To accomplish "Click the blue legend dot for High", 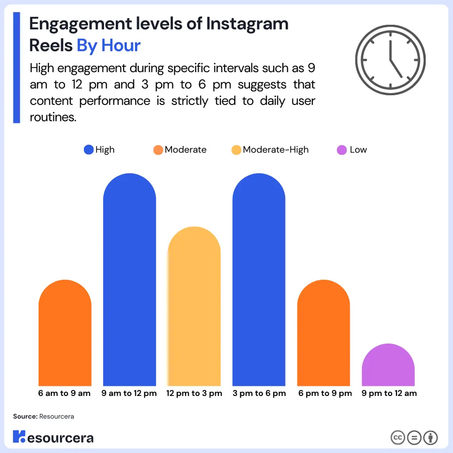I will point(89,150).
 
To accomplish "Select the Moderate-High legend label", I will point(276,150).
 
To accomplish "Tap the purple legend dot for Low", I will point(342,150).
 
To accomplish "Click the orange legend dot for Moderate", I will point(158,150).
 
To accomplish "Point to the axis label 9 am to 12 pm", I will point(130,393).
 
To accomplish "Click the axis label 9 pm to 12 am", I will point(389,393).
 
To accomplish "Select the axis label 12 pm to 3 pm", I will point(194,393).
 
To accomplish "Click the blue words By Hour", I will point(109,46).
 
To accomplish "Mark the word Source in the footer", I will point(24,416).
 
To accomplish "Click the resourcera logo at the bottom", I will point(53,438).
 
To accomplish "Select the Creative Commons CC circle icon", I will point(398,438).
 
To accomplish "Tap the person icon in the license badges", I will point(430,438).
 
